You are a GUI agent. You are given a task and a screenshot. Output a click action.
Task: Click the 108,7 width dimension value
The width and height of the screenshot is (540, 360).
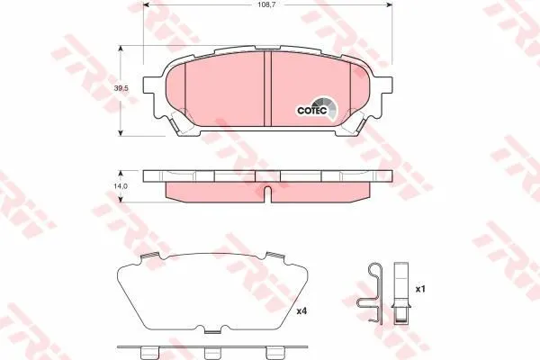[267, 4]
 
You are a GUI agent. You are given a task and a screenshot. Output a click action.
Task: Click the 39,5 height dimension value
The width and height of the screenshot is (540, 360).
[121, 88]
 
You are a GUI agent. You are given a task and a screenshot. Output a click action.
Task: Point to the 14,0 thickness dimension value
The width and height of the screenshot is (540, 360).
[121, 185]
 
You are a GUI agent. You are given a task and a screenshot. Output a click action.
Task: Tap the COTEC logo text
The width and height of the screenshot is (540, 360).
[312, 110]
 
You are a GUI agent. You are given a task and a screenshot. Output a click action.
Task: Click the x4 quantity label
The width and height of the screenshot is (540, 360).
[301, 311]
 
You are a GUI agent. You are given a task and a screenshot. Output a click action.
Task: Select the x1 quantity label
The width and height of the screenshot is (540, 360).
[420, 289]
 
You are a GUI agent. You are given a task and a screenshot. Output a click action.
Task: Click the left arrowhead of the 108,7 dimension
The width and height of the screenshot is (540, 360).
[146, 4]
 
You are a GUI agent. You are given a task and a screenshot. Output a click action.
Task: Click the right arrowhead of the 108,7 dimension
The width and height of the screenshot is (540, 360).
[389, 4]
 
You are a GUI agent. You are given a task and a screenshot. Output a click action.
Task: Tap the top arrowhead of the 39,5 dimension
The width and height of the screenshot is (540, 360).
[121, 49]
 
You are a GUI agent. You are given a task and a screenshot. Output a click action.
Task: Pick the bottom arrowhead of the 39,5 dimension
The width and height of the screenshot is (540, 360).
[121, 132]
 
